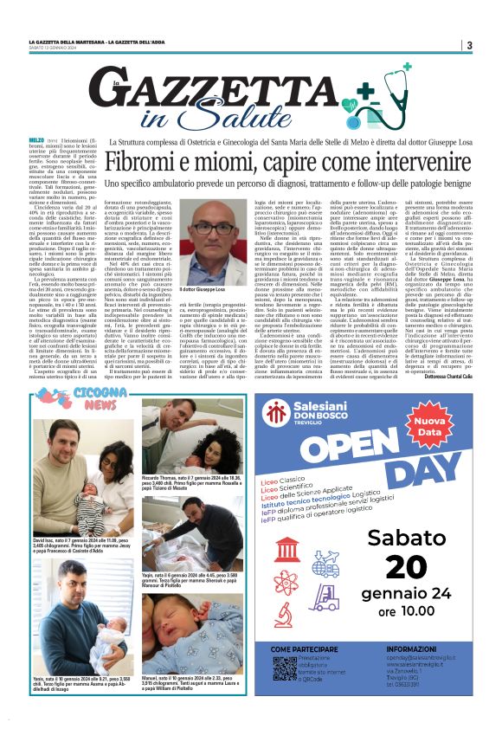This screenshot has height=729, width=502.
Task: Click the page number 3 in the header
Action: (x=468, y=45)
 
